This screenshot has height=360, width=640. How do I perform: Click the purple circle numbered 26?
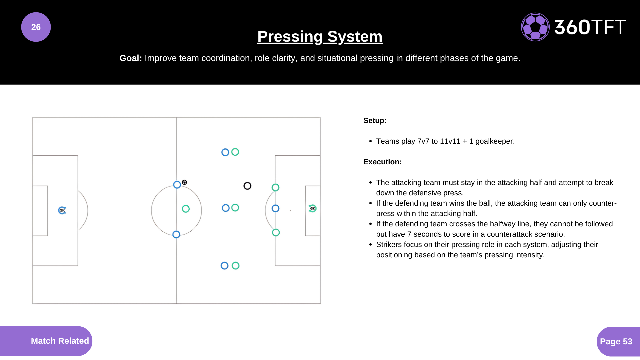(36, 27)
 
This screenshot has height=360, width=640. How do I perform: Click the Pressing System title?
(320, 36)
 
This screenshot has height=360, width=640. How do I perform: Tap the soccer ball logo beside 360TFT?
(535, 27)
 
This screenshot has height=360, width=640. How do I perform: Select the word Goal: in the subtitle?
(131, 58)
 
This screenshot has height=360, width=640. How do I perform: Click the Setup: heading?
(375, 120)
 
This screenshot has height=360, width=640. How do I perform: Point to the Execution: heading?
(382, 162)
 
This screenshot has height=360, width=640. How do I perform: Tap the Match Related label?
(60, 341)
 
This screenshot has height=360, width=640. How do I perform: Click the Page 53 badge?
(616, 341)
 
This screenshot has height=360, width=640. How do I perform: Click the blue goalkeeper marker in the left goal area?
(62, 210)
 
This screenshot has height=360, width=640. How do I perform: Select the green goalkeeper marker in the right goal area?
(312, 208)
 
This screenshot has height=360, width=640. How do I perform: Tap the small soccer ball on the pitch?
(184, 182)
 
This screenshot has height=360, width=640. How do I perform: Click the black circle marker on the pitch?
(247, 186)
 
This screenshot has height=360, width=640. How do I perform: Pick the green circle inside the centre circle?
(186, 209)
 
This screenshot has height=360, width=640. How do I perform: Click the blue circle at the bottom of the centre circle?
(176, 234)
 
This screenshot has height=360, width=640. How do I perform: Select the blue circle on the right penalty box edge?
(275, 208)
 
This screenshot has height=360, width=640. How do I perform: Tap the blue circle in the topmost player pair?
(225, 152)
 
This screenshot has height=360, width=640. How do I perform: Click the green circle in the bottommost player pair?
(236, 266)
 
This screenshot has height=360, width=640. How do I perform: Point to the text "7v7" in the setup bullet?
(423, 141)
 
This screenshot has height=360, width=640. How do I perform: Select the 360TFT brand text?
(590, 27)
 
